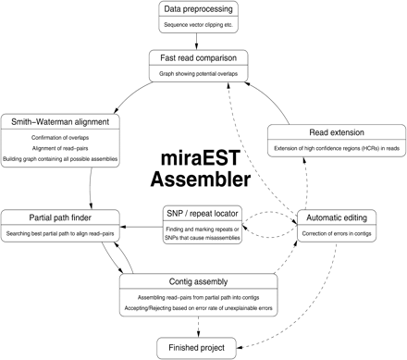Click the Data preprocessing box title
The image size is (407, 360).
point(200,9)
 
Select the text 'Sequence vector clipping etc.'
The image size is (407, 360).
point(200,25)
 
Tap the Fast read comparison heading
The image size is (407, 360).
point(201,57)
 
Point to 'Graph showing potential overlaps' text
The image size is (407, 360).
point(201,73)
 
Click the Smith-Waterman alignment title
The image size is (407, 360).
point(60,121)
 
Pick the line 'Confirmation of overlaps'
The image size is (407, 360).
point(60,138)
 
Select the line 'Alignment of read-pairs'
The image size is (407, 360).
point(60,150)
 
